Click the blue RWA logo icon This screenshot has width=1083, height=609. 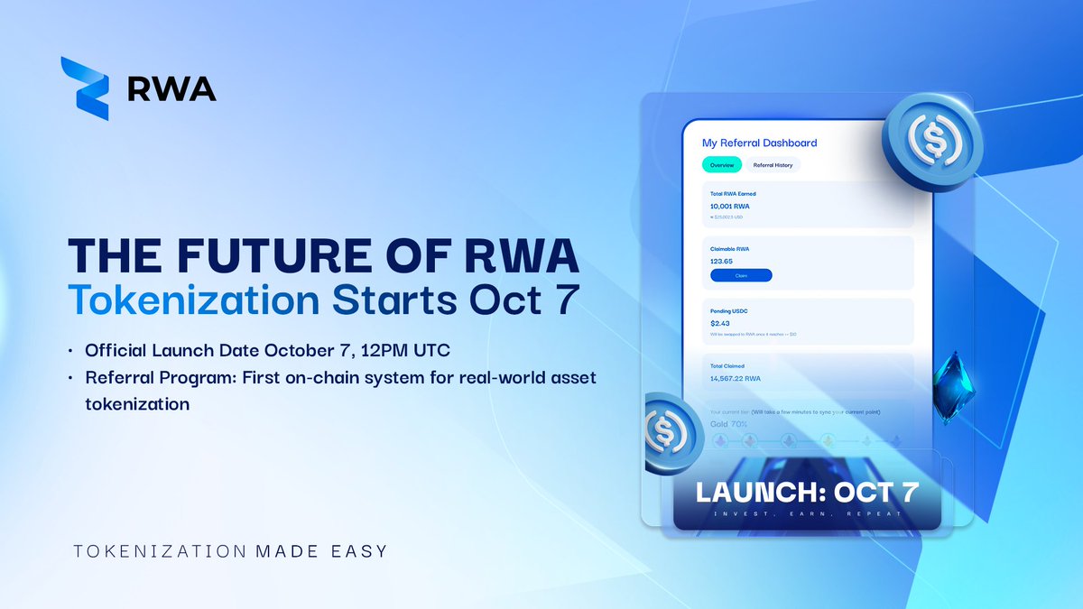[x=85, y=88]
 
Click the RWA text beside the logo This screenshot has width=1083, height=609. [x=171, y=88]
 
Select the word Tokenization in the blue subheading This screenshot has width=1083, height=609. [x=193, y=301]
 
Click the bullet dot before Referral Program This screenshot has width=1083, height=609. [x=71, y=381]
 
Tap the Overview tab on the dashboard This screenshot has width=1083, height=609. [x=722, y=165]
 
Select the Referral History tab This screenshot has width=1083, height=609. [x=773, y=165]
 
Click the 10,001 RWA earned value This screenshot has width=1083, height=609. [x=730, y=207]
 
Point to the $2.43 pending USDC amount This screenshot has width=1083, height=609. [x=720, y=323]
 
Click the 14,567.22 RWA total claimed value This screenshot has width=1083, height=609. [x=736, y=378]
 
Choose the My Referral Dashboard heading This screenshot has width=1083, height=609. [x=759, y=143]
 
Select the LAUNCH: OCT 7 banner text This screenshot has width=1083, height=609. [x=806, y=494]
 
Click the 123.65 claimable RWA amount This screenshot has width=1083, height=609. [x=722, y=262]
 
